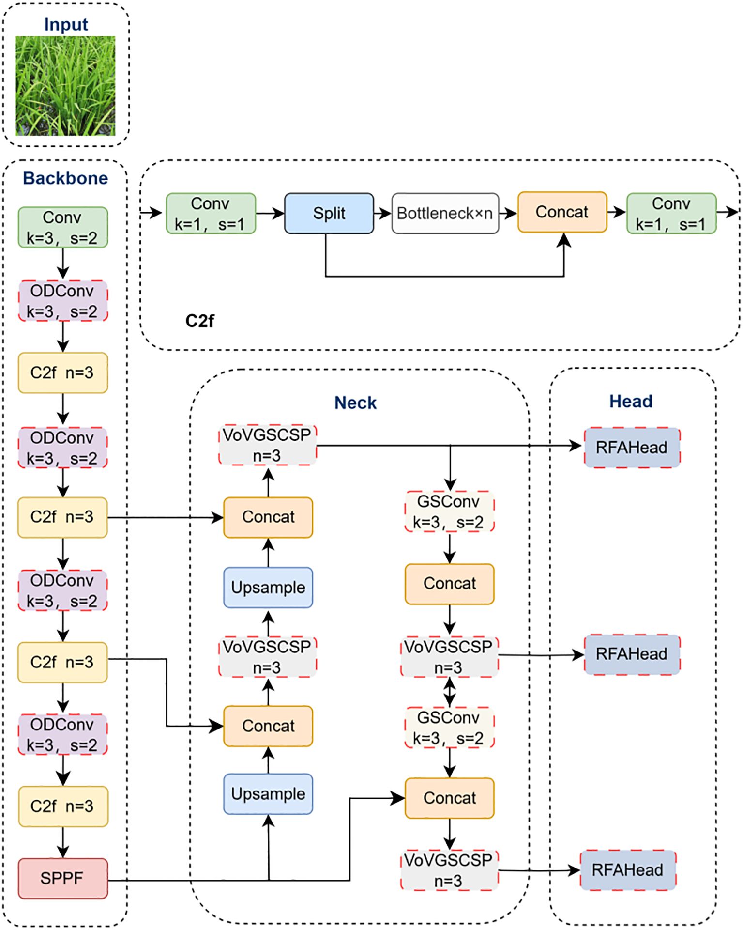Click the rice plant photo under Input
pos(65,86)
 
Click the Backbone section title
pos(65,178)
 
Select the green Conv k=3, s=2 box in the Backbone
pos(63,228)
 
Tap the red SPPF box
pos(63,878)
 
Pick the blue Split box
pos(329,213)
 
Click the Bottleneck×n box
pos(445,213)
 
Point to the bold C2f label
pos(199,321)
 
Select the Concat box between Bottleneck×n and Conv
pos(562,212)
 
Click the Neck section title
pos(355,403)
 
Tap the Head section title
pos(631,401)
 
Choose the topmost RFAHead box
pos(632,447)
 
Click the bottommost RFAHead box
pos(628,870)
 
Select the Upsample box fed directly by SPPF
pos(268,794)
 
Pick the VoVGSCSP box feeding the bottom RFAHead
pos(449,870)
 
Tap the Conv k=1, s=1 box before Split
pos(211,214)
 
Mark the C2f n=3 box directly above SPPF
pos(63,806)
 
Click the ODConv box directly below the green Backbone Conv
pos(63,301)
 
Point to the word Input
pos(66,24)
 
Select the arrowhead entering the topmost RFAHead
pos(576,446)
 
